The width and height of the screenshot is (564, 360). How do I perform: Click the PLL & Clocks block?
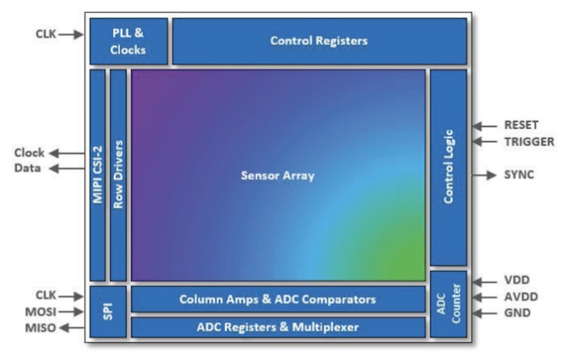pyautogui.click(x=128, y=40)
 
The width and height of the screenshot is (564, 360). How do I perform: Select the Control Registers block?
pyautogui.click(x=319, y=40)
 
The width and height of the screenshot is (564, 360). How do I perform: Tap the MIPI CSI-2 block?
pyautogui.click(x=97, y=174)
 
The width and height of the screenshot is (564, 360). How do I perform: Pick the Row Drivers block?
pyautogui.click(x=118, y=174)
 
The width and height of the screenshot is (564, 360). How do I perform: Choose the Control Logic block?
pyautogui.click(x=448, y=167)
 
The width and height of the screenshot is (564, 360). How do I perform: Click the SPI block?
pyautogui.click(x=106, y=312)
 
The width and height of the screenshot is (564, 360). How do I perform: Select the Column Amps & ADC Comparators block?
pyautogui.click(x=277, y=299)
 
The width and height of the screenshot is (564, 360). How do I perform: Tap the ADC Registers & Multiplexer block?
pyautogui.click(x=277, y=327)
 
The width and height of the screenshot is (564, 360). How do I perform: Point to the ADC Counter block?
pyautogui.click(x=448, y=304)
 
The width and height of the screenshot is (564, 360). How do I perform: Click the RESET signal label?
pyautogui.click(x=521, y=126)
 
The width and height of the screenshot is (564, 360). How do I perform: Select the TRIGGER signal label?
pyautogui.click(x=528, y=142)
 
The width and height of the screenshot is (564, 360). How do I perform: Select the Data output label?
pyautogui.click(x=27, y=168)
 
